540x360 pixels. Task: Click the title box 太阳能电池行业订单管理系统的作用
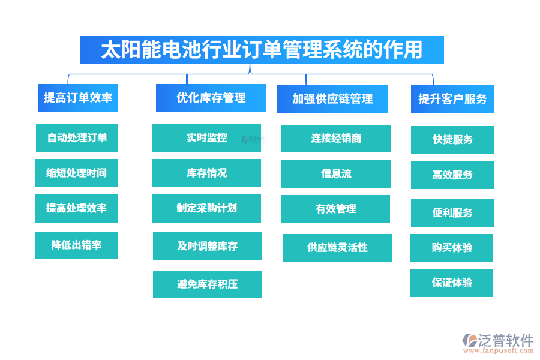click(262, 50)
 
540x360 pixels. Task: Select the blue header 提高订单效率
click(77, 98)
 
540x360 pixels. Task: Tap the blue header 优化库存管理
click(211, 98)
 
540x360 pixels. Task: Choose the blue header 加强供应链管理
click(332, 99)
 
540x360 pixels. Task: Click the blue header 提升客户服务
click(452, 99)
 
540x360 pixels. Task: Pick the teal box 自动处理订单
click(76, 138)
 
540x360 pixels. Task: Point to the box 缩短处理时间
click(76, 173)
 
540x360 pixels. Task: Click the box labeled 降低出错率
click(76, 245)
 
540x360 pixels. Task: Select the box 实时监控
click(206, 138)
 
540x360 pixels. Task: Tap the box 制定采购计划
click(206, 208)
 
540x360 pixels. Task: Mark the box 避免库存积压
click(207, 284)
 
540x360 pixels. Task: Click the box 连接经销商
click(336, 139)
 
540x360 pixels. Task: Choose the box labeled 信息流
click(336, 174)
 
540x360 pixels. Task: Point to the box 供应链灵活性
click(337, 247)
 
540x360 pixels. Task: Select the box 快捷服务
click(452, 140)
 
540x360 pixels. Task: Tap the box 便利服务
click(452, 213)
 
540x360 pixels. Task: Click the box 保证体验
click(452, 283)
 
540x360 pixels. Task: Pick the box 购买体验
click(452, 248)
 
